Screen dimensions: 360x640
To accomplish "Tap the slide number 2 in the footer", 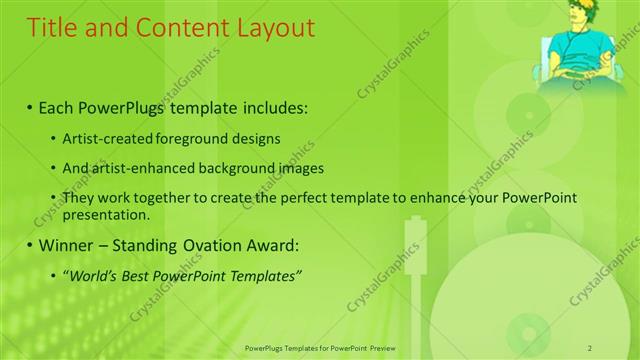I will coord(590,348).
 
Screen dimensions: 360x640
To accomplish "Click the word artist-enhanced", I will coord(142,168).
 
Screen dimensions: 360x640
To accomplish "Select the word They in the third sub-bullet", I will coord(79,199).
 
